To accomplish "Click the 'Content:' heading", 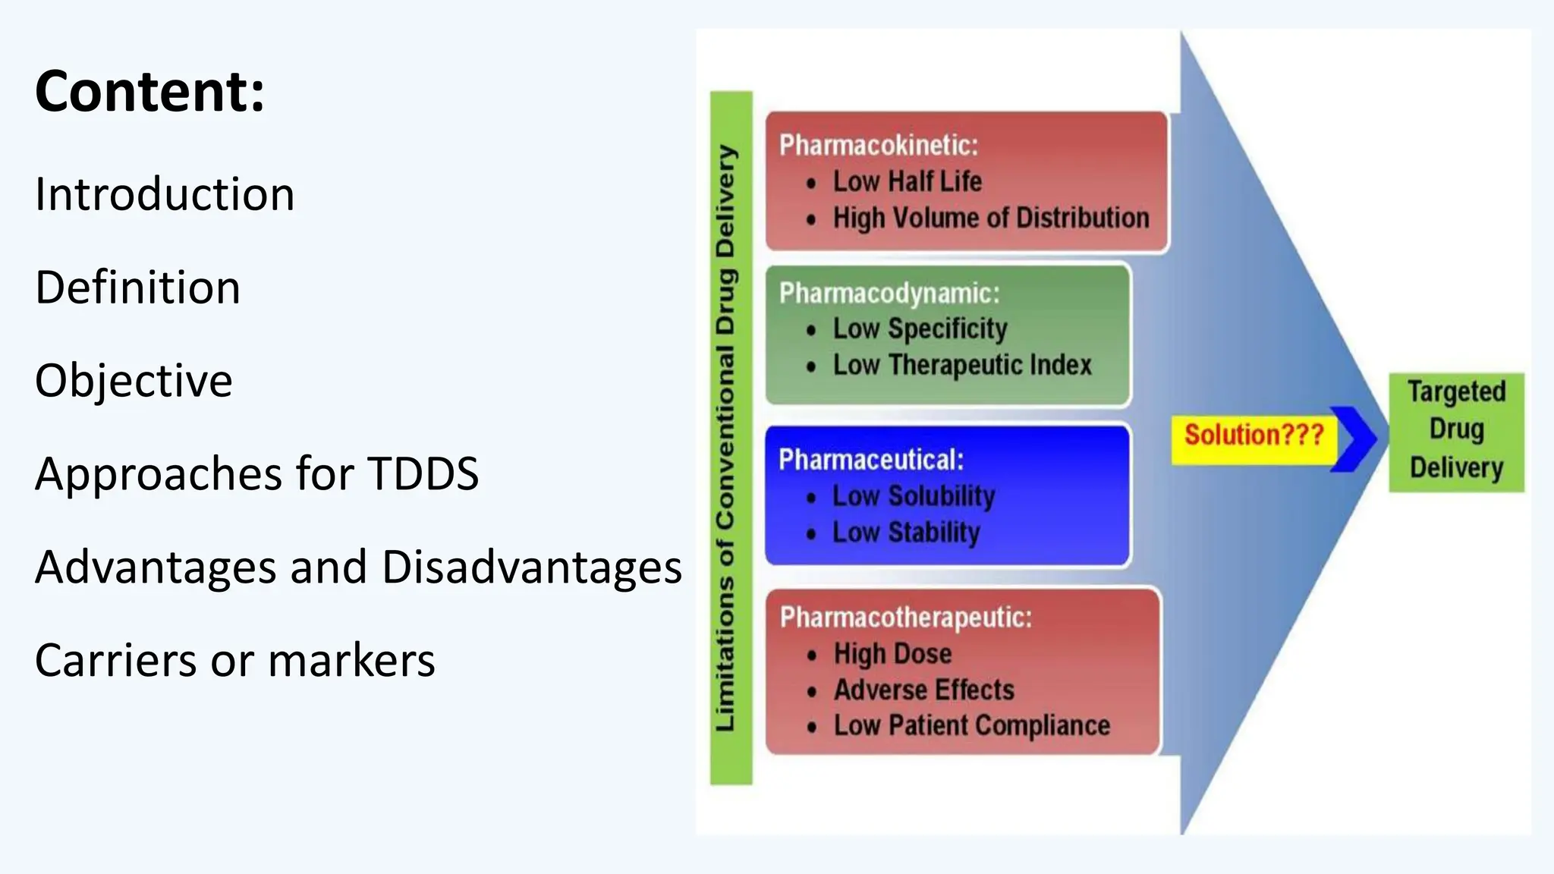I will point(150,92).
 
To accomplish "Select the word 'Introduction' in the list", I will point(165,194).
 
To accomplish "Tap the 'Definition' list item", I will point(137,288).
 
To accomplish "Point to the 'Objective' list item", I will point(134,380).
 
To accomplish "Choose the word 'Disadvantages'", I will point(531,567).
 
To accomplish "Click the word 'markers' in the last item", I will point(351,660).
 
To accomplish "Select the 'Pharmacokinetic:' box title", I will point(879,145).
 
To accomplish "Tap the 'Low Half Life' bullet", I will point(907,181).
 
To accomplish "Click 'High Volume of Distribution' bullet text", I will point(991,218).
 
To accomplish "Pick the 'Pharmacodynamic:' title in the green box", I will point(889,293).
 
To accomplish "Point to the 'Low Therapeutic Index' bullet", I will point(962,365).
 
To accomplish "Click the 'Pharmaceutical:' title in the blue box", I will point(871,460).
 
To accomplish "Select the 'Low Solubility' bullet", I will point(914,496).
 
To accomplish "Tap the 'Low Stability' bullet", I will point(906,533).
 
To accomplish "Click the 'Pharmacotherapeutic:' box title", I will point(906,618).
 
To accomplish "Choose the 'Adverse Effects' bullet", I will point(923,690).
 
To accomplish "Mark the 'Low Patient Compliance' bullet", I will point(971,725).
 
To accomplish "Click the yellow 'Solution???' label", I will point(1254,435).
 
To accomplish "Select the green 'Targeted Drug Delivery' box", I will point(1456,431).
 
